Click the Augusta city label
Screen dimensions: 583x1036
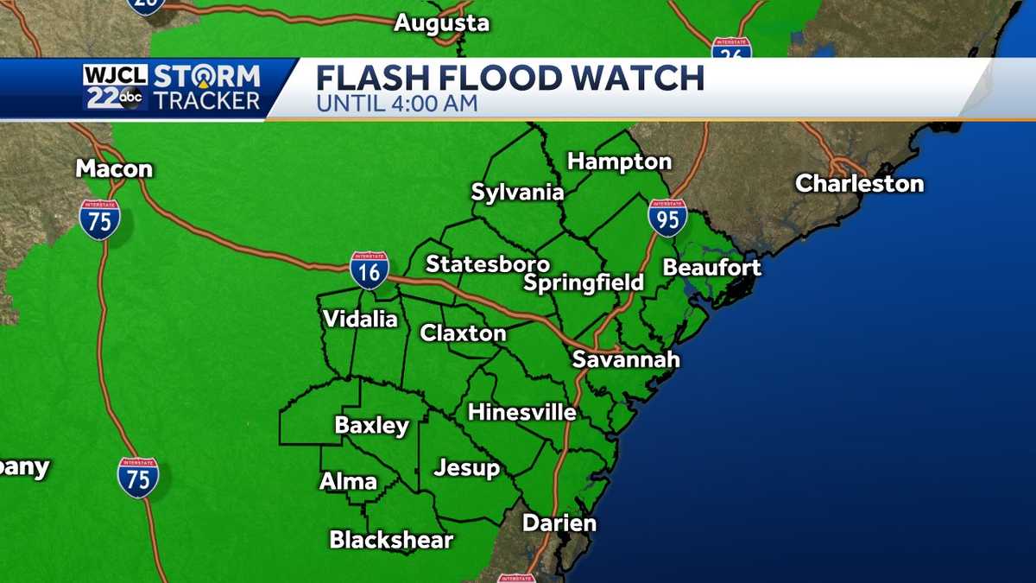(x=441, y=23)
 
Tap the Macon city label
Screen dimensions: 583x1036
(x=114, y=168)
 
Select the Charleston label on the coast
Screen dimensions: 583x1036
(x=859, y=183)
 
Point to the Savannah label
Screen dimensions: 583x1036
(x=626, y=359)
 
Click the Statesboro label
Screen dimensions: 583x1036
(x=488, y=263)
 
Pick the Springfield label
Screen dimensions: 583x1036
(x=584, y=282)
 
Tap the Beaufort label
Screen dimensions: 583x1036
(x=711, y=268)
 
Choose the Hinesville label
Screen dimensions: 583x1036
(x=521, y=413)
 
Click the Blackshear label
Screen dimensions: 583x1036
(x=391, y=541)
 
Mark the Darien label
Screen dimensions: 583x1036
(x=559, y=523)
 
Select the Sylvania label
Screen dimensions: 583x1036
(x=517, y=193)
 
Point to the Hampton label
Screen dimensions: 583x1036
(x=619, y=162)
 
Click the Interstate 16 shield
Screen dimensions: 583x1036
(x=370, y=270)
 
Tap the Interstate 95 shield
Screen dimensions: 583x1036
(x=668, y=218)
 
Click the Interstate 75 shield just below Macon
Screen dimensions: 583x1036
(x=99, y=219)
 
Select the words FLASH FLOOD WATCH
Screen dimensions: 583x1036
(x=509, y=79)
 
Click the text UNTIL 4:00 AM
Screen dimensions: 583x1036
(x=396, y=105)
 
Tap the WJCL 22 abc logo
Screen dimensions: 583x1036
(x=116, y=87)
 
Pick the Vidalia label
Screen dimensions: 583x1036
(x=360, y=320)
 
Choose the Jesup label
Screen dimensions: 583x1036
(x=466, y=468)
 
